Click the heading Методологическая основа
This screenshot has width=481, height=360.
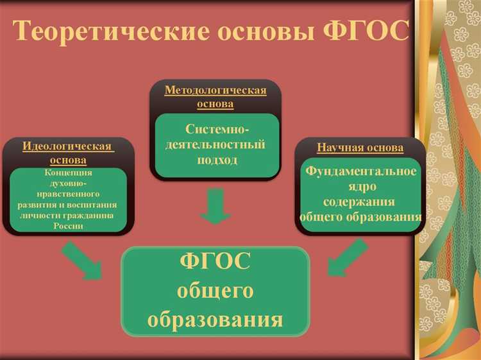(215, 96)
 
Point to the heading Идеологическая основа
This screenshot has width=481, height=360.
(68, 153)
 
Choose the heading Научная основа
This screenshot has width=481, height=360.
(360, 148)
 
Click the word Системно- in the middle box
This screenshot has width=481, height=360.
(215, 130)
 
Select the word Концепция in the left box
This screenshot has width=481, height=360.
(68, 173)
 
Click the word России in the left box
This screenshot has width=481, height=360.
(68, 225)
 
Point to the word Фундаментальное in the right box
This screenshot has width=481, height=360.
(360, 171)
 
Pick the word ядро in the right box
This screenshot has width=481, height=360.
(360, 186)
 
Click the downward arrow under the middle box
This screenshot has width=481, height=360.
(216, 206)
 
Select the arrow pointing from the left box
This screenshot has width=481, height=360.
(82, 261)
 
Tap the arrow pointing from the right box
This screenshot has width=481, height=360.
(346, 258)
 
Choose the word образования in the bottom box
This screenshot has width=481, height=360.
(215, 318)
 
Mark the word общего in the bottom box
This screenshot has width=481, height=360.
(215, 291)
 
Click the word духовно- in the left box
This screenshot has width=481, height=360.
(68, 184)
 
